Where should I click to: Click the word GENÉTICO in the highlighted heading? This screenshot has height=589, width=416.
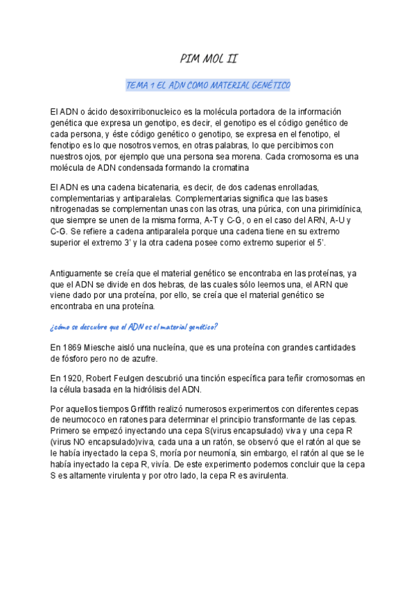coord(268,85)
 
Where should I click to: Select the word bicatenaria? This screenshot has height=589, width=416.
coord(148,188)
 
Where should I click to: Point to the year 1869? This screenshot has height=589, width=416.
coord(74,347)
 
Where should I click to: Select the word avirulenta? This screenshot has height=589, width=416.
coord(254,476)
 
